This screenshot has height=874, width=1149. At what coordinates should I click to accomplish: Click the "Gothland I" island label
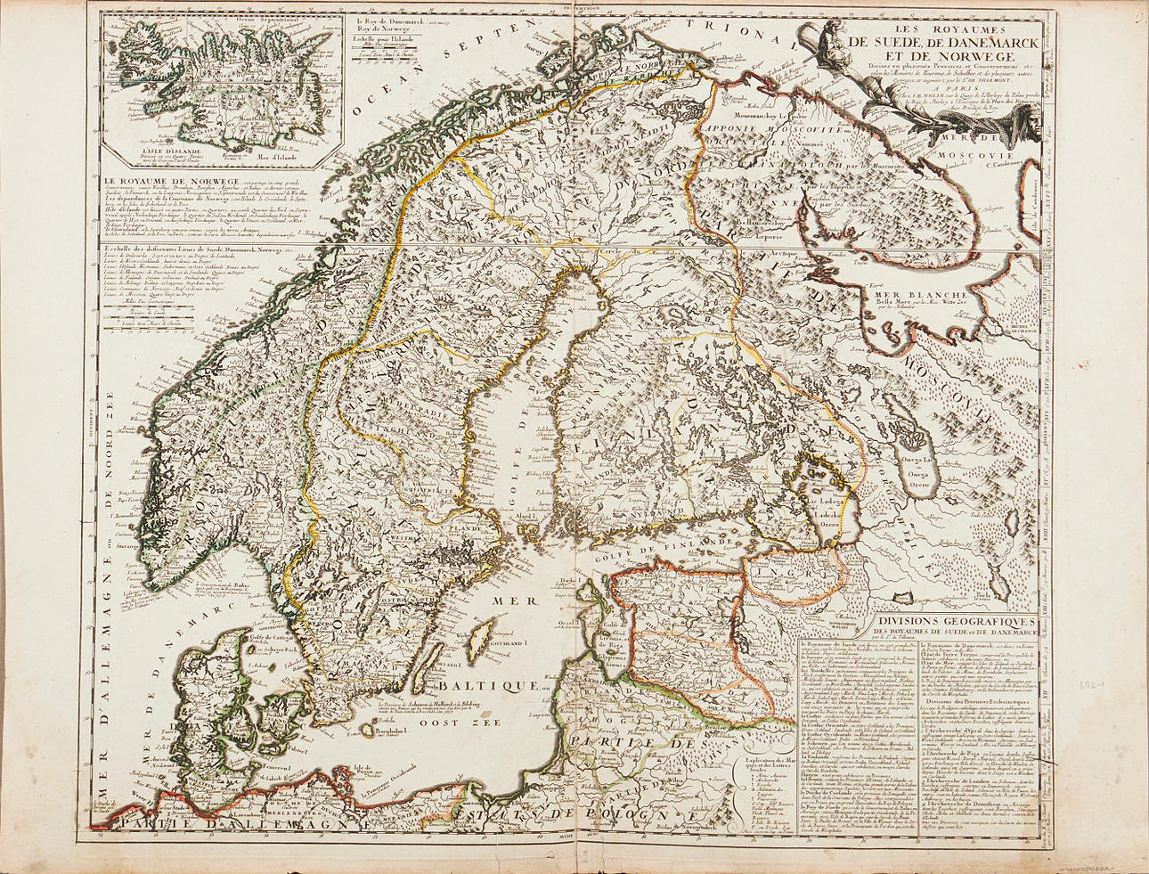point(510,641)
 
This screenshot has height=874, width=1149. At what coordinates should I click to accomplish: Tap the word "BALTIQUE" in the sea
point(477,687)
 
